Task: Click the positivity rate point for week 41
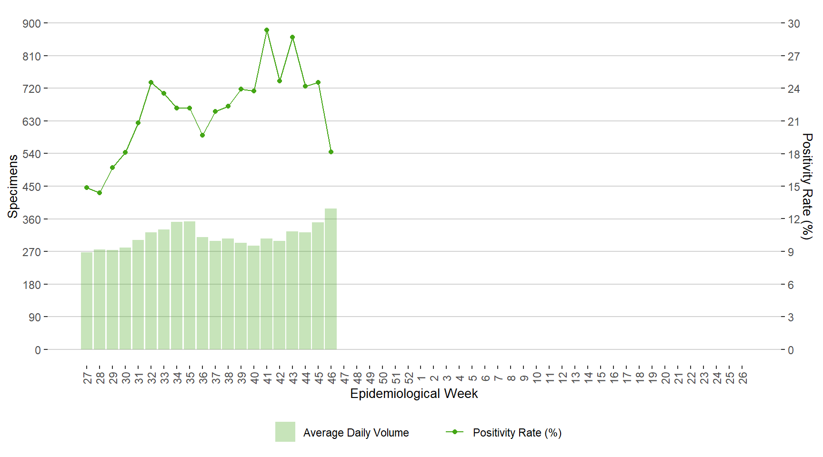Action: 267,30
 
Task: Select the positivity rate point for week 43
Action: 292,37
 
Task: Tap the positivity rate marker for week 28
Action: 100,193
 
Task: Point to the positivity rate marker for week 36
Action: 202,135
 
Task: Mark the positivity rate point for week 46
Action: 331,152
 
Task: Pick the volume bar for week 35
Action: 190,286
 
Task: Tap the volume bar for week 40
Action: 254,298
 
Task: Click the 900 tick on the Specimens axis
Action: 32,23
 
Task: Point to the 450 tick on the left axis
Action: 32,187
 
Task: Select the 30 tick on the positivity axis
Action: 793,23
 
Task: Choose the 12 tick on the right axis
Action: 793,219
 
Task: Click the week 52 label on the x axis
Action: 409,378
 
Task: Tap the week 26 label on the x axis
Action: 743,378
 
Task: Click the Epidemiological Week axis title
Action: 414,394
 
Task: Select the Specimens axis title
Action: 13,186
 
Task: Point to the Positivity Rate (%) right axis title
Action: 807,186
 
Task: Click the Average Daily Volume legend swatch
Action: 285,432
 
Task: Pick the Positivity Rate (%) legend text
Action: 517,433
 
